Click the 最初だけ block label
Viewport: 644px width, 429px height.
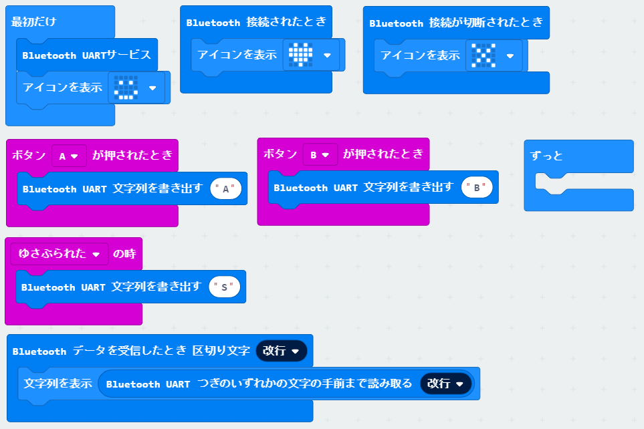point(33,21)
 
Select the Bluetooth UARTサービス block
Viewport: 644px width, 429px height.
point(86,55)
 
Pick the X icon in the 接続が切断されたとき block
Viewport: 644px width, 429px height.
point(484,55)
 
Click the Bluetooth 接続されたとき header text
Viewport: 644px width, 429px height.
point(256,22)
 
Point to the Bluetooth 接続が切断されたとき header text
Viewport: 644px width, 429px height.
point(456,23)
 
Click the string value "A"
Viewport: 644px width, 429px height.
point(226,189)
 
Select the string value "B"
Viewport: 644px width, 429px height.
point(477,188)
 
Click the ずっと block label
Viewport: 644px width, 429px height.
point(546,156)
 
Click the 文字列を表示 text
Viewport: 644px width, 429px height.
point(58,384)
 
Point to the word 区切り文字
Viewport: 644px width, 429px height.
point(221,351)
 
